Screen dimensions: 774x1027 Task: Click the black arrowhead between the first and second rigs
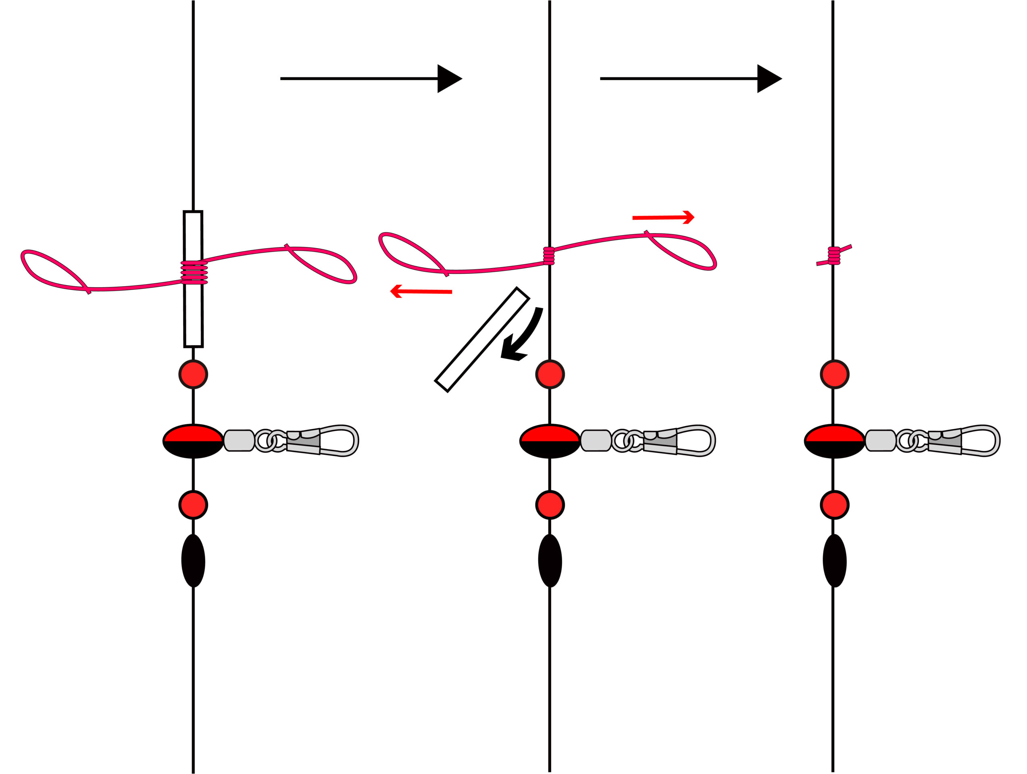(x=448, y=79)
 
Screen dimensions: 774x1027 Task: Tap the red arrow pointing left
(x=421, y=291)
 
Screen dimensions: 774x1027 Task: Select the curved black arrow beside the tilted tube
(x=522, y=337)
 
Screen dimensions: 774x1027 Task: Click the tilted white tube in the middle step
(x=482, y=339)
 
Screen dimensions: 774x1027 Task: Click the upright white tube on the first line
(x=193, y=316)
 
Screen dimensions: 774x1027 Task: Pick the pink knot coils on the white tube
(x=194, y=272)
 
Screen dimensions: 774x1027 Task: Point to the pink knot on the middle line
(x=549, y=256)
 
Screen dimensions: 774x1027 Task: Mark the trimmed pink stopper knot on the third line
(x=834, y=255)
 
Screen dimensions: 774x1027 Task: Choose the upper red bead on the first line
(x=193, y=374)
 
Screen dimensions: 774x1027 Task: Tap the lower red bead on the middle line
(x=550, y=504)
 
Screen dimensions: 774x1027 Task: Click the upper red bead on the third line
(x=834, y=374)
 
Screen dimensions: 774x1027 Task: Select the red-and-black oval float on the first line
(x=193, y=441)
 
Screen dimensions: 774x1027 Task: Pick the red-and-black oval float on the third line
(x=834, y=441)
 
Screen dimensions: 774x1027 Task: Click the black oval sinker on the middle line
(x=550, y=560)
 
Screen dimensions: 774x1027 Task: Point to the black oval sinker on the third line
(x=834, y=560)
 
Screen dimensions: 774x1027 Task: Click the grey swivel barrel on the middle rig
(x=596, y=440)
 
